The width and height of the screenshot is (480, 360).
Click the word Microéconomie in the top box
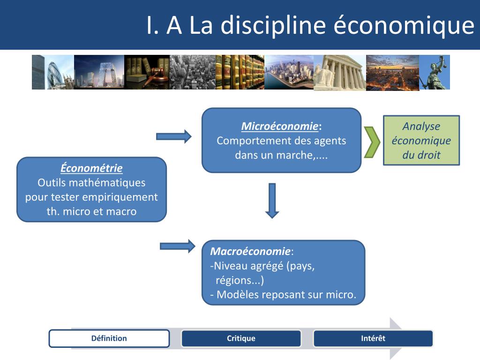280,127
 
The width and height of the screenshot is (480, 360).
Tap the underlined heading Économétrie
91,168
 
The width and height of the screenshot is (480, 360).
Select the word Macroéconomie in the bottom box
250,251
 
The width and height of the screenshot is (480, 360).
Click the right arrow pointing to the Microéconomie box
173,136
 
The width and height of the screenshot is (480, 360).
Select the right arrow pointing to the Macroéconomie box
177,246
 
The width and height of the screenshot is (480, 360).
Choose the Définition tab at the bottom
109,338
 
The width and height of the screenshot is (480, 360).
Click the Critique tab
241,338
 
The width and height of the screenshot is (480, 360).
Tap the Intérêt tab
373,338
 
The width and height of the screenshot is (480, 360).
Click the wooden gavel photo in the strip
147,72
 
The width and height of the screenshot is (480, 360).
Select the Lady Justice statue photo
435,72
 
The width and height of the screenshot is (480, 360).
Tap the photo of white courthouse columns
339,72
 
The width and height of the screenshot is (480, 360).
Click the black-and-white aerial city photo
192,72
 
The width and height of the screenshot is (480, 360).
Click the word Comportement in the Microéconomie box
253,141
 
